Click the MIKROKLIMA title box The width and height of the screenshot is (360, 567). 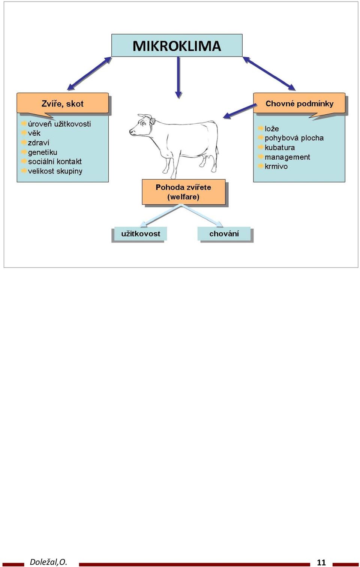[177, 45]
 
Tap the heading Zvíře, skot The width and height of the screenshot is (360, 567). [62, 103]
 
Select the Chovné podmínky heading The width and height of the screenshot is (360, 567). [300, 103]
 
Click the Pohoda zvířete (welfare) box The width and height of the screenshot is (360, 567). [183, 192]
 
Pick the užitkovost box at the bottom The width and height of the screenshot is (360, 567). [141, 233]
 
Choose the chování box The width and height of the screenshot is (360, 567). [224, 233]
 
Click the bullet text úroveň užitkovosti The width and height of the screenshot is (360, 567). [59, 124]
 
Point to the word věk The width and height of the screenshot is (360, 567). [34, 133]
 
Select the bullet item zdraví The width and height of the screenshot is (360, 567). [39, 143]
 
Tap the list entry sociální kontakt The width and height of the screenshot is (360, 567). [55, 162]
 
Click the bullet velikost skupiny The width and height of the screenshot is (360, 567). [55, 171]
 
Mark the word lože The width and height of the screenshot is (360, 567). [272, 129]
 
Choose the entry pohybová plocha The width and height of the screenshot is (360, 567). [294, 138]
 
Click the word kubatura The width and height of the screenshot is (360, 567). [280, 147]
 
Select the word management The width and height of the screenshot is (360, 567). [287, 157]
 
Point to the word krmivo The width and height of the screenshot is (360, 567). [276, 166]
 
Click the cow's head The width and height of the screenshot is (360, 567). [141, 125]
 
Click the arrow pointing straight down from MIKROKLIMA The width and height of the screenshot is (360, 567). [178, 78]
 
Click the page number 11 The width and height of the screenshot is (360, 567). [321, 562]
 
